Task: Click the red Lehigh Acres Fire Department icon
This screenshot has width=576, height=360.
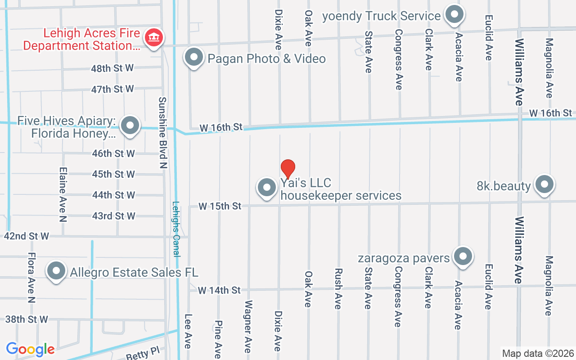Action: (154, 37)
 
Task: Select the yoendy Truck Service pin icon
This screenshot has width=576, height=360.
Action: (454, 14)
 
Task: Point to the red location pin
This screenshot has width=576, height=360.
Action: (288, 169)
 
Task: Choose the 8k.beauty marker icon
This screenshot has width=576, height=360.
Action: (544, 184)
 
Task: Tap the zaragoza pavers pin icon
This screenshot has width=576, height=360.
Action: (463, 256)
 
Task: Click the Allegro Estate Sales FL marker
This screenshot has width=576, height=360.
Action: (57, 271)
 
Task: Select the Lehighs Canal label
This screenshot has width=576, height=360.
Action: (176, 229)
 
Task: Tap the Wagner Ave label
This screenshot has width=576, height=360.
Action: (247, 323)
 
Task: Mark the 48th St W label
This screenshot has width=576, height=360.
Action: (112, 68)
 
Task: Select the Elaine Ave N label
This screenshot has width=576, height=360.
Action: (63, 194)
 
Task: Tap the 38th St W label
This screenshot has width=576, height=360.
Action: (27, 319)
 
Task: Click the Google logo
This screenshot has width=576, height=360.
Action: (30, 349)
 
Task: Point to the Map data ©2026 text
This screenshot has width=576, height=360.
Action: (538, 353)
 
